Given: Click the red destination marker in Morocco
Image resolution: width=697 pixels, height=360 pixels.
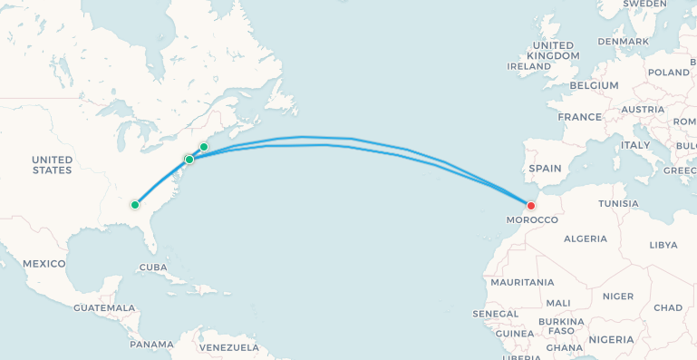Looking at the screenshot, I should point(531,205).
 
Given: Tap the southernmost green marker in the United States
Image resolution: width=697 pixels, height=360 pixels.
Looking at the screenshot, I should point(135,205).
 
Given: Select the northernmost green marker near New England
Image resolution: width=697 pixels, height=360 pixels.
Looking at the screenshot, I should point(204,147).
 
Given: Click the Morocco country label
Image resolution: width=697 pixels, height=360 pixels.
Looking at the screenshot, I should point(532,220).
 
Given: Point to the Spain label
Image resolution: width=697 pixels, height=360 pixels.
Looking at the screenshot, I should point(546,168).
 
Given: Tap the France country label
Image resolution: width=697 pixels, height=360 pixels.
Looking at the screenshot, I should point(580,117).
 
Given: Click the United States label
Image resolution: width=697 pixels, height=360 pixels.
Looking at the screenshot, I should point(52,165).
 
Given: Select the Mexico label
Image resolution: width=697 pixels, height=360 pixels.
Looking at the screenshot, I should point(44,264).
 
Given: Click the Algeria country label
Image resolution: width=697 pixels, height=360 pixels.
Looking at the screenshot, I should point(586,238).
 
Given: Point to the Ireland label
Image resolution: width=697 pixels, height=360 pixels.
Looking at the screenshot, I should point(528,66).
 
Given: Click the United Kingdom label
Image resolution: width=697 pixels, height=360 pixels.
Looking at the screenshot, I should point(553,51).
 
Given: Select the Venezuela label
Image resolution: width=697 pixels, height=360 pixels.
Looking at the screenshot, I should point(228,347).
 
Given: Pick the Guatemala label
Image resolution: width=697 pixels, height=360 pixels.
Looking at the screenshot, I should point(105,308).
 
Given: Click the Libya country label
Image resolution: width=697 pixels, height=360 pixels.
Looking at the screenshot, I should point(663,245).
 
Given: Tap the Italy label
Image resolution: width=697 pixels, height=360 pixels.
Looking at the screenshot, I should point(635,145).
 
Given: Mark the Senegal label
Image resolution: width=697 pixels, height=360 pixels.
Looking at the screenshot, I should point(495,314).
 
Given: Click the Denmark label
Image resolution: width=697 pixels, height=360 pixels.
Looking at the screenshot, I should point(624,42).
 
